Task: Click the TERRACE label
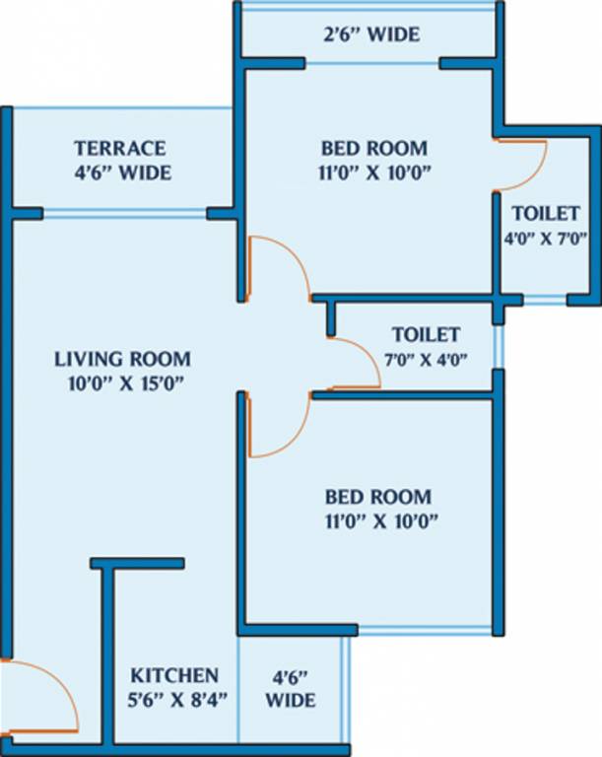[x=119, y=149]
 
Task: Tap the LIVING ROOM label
[x=122, y=359]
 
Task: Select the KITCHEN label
[x=174, y=676]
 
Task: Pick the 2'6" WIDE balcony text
[x=371, y=35]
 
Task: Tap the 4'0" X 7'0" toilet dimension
[x=545, y=238]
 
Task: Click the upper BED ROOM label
[x=374, y=149]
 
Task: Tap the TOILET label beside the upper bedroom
[x=545, y=213]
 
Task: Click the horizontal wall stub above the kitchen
[x=137, y=563]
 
